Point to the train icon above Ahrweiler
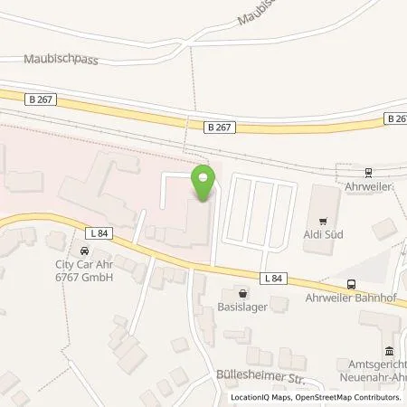click(369, 172)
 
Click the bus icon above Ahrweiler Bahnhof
click(352, 282)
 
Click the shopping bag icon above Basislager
click(242, 291)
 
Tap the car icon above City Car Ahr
click(84, 251)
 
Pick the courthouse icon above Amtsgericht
click(389, 351)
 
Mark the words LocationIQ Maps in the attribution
click(260, 396)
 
